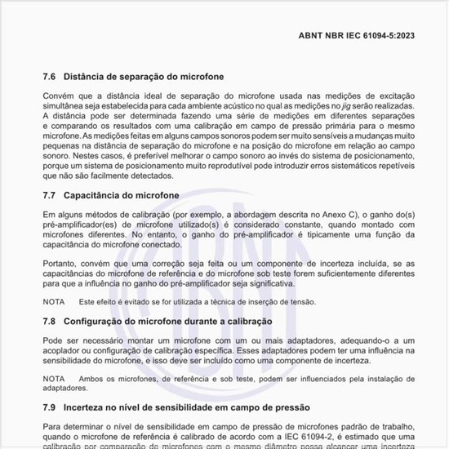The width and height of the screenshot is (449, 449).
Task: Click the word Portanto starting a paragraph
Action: tap(60, 264)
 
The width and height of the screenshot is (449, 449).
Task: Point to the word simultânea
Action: tap(67, 106)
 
